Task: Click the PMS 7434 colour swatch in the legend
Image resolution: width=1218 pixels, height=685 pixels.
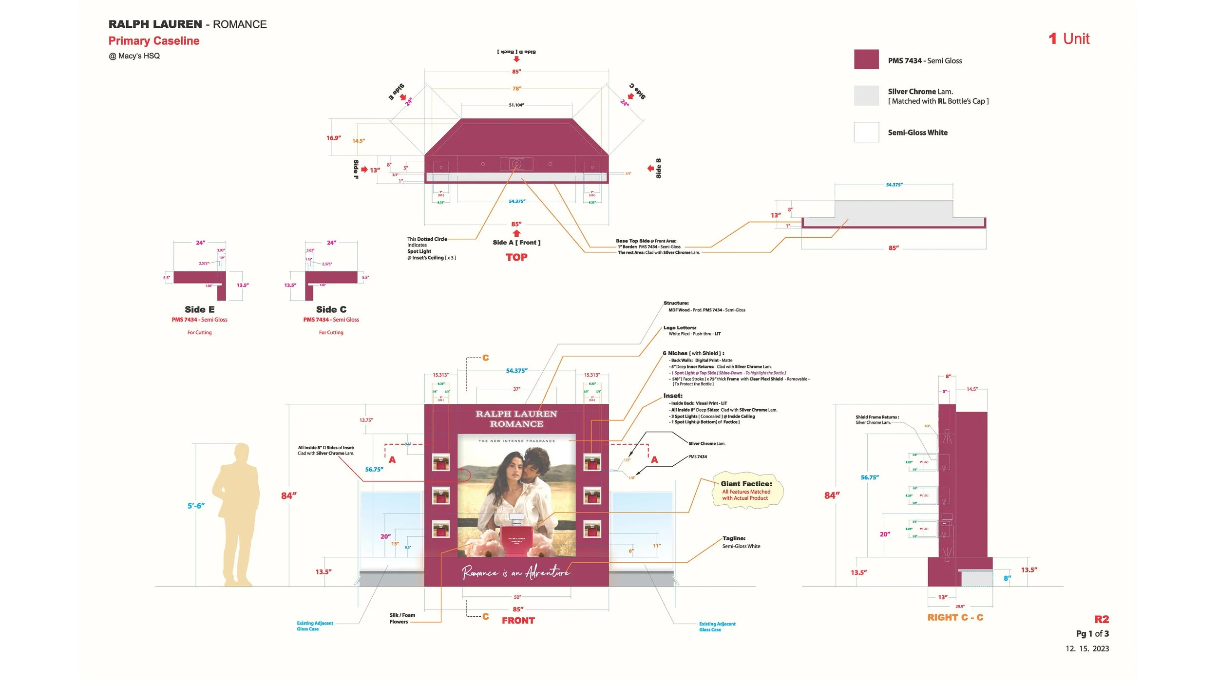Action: [x=866, y=59]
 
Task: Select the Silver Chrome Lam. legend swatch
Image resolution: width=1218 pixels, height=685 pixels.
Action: [x=866, y=95]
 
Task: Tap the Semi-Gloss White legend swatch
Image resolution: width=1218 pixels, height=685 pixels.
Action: [x=866, y=132]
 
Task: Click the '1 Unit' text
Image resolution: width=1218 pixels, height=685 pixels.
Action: [x=1069, y=39]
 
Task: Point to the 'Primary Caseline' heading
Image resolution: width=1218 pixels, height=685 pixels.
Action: [x=153, y=41]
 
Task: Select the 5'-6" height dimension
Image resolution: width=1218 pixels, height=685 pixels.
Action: [x=196, y=506]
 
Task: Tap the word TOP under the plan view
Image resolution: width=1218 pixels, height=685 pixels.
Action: [x=516, y=257]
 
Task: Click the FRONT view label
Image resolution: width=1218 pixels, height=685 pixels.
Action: [x=518, y=621]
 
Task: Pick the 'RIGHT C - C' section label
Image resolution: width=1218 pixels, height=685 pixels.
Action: [x=955, y=617]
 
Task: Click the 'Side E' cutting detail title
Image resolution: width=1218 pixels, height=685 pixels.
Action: [x=200, y=309]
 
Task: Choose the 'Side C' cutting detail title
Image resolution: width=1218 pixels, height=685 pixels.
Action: [x=331, y=309]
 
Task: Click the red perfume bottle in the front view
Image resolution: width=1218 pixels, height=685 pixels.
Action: [x=516, y=538]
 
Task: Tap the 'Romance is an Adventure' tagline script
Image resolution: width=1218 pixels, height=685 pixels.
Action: [x=516, y=572]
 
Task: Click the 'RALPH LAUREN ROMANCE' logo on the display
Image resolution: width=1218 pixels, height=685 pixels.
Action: [x=516, y=419]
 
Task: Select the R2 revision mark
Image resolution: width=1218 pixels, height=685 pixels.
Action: [x=1102, y=619]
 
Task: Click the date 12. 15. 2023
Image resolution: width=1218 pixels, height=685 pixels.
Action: [x=1087, y=648]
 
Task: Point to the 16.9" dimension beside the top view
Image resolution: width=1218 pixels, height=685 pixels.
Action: [x=334, y=138]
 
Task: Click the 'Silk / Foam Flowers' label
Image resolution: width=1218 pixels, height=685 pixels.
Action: [x=402, y=618]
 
